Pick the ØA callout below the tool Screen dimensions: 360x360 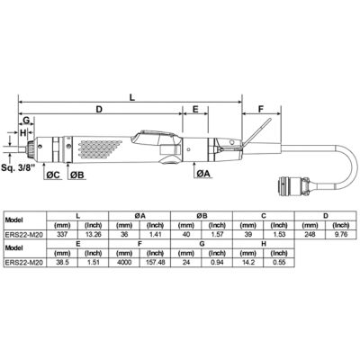point(203,174)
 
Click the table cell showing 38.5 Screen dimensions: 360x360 point(62,264)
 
